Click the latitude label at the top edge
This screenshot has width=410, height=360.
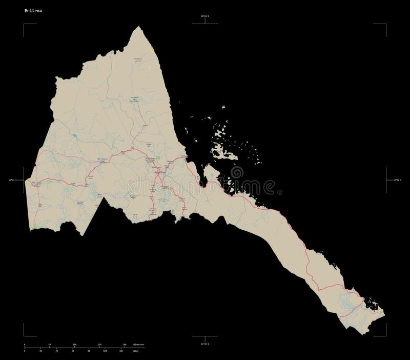coord(204,17)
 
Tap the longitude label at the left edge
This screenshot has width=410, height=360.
coord(15,179)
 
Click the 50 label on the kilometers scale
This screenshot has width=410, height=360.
coord(50,344)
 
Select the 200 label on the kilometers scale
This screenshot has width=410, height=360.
coord(125,344)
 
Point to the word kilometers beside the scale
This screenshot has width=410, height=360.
coord(138,344)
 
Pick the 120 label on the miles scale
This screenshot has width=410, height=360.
coord(121,351)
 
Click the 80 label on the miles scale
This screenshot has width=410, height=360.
coord(89,351)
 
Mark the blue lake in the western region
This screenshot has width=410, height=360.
coord(75,136)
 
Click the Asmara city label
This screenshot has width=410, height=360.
coord(160,173)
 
